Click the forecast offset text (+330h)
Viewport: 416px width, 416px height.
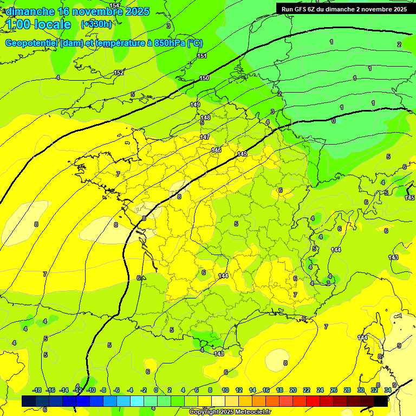(x=96, y=24)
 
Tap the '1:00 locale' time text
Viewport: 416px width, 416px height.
(x=38, y=24)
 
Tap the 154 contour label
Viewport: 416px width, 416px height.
(x=114, y=5)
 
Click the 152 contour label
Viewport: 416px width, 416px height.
(x=119, y=73)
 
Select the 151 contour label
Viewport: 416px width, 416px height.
(x=202, y=56)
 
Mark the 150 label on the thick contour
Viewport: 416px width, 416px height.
(x=204, y=79)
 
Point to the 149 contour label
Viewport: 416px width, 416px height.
(x=195, y=105)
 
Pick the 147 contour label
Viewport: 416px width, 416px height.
(x=204, y=137)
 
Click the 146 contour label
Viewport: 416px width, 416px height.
(x=216, y=150)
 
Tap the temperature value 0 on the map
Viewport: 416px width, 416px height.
(x=333, y=121)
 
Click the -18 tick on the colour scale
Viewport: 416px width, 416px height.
(x=37, y=391)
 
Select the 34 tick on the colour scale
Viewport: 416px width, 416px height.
(x=387, y=391)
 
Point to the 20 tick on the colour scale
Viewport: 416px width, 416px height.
(x=293, y=391)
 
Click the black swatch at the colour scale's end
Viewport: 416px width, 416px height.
(x=381, y=401)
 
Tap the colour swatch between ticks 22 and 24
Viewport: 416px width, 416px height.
(x=313, y=401)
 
